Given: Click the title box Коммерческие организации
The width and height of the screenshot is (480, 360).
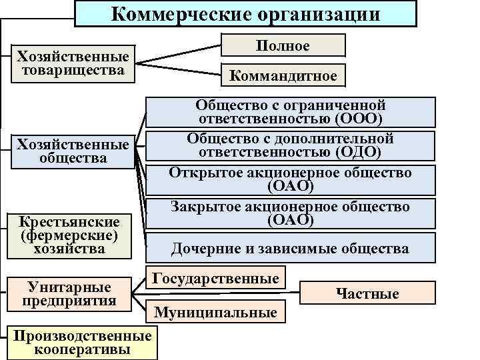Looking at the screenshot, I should [x=245, y=14].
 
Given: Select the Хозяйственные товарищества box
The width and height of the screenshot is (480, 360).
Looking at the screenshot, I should [x=73, y=63].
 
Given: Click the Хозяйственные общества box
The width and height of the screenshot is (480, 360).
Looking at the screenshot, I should [x=73, y=151].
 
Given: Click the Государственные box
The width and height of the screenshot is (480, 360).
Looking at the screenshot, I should [x=215, y=278].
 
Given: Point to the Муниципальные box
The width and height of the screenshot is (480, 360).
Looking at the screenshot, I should [x=215, y=311].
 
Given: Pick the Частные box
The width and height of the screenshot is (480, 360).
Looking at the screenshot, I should [x=367, y=293].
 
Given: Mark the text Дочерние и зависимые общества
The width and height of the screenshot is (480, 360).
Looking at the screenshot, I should [x=290, y=249].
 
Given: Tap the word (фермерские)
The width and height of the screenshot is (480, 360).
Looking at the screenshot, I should [x=69, y=235].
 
